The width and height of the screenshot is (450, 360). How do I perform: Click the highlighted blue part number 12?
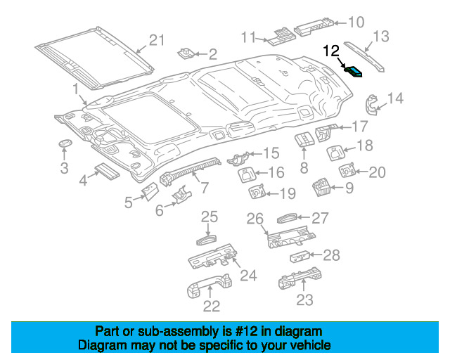(354, 72)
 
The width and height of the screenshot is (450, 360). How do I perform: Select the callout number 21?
(157, 40)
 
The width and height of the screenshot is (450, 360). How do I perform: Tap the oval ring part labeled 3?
(65, 143)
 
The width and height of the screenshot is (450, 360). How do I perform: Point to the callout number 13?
(381, 37)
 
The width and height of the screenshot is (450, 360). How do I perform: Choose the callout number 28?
(331, 255)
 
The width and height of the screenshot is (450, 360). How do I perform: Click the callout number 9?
(349, 188)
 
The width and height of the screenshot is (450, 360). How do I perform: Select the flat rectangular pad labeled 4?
(107, 172)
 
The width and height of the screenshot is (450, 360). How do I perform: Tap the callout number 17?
(359, 127)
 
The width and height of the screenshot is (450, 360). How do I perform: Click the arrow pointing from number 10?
(340, 22)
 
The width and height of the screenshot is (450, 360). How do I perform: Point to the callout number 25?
(210, 217)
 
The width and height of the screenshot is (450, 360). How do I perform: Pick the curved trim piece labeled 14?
(371, 105)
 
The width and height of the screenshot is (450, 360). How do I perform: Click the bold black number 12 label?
(331, 51)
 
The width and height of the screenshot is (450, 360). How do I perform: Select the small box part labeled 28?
(300, 257)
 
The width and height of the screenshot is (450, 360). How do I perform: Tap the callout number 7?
(204, 188)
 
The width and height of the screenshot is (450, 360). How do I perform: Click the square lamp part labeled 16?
(246, 175)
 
